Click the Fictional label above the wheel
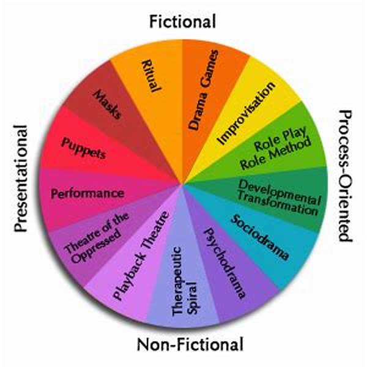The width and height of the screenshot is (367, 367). (182, 21)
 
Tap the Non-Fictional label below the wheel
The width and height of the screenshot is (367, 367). (190, 344)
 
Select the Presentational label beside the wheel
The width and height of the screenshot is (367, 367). (21, 179)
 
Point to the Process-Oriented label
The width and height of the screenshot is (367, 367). (346, 176)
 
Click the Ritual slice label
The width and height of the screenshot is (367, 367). (152, 76)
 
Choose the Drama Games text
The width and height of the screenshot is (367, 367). (204, 90)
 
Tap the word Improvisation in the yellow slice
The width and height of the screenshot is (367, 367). (246, 113)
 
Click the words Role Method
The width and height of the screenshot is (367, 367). (276, 154)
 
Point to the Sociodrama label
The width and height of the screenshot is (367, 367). (259, 237)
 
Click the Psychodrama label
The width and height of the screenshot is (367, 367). (225, 263)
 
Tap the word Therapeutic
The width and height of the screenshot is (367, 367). (177, 281)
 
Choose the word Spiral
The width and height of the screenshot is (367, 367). (193, 298)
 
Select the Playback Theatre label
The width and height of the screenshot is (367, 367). (141, 256)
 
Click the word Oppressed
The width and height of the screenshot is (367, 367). (97, 246)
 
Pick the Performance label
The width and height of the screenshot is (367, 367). (87, 193)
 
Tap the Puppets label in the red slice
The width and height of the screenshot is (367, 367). (83, 148)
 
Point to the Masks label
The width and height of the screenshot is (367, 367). (108, 105)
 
